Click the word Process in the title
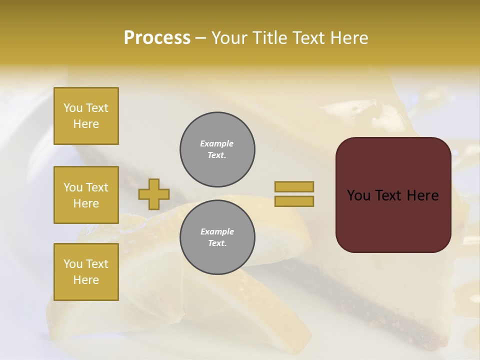point(157,38)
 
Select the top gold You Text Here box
point(86,116)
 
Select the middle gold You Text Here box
point(86,195)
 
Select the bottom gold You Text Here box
point(86,272)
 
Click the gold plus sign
point(154,194)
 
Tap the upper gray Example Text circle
point(217,149)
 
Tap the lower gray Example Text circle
point(217,237)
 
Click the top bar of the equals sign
point(294,186)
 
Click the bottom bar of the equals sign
point(294,201)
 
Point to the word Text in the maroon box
point(388,195)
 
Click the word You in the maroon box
point(359,195)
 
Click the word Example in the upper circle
point(217,143)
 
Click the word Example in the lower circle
point(217,231)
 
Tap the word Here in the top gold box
point(86,124)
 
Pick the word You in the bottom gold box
point(73,264)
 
